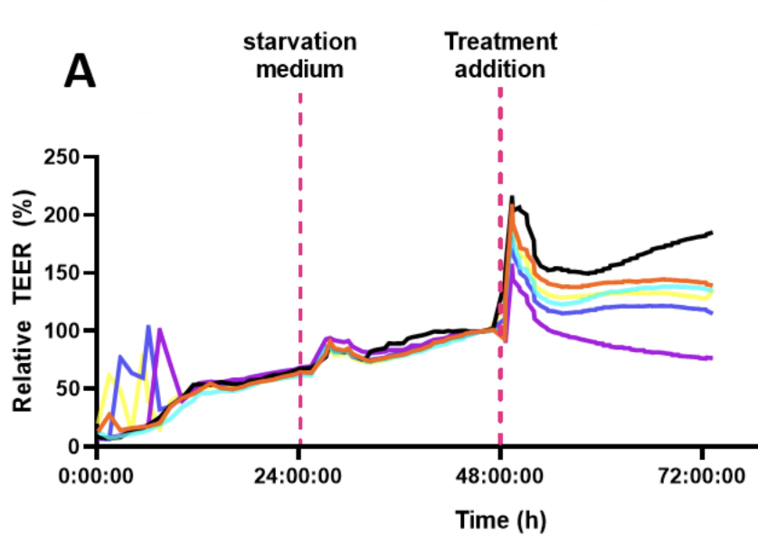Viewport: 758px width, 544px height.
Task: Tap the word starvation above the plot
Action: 300,42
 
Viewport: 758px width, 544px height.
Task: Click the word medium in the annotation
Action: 300,69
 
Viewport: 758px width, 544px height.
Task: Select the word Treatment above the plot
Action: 500,42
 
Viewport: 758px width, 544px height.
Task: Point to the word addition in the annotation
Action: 500,69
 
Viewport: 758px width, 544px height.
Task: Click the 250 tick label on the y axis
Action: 62,157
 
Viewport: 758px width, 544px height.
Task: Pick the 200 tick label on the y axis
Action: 62,215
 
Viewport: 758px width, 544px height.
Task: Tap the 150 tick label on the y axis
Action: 62,273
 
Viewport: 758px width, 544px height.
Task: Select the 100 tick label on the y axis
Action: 62,331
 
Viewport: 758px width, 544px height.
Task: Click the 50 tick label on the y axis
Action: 68,389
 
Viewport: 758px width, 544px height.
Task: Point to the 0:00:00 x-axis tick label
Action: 96,476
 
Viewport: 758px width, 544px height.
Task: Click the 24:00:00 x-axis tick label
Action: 298,476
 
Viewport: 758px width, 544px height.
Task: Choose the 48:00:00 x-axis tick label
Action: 499,476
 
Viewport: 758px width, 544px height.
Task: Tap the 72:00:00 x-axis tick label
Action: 701,476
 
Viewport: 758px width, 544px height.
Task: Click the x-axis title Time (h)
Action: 500,520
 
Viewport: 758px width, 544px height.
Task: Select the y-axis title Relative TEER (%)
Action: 23,301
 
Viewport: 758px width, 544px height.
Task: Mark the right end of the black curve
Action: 712,233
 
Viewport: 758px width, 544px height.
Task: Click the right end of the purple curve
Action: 712,358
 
